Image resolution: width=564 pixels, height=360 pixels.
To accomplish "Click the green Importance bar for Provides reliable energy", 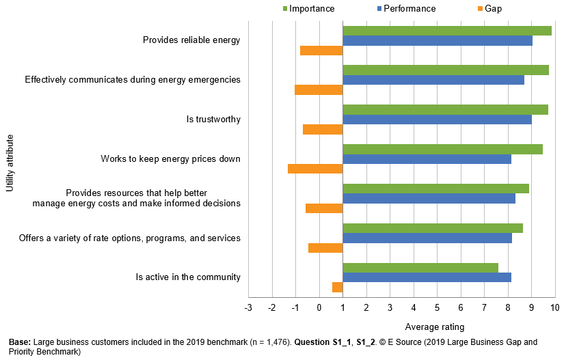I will tap(446, 31).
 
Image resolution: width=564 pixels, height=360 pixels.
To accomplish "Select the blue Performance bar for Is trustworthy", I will tap(437, 120).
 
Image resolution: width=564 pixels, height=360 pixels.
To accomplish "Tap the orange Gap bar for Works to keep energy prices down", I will tap(315, 169).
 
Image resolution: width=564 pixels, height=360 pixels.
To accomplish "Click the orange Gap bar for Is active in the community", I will tap(337, 287).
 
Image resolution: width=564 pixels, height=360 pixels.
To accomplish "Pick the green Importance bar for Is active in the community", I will tap(420, 268).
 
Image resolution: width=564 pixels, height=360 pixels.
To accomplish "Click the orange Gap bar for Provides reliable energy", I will tap(321, 50).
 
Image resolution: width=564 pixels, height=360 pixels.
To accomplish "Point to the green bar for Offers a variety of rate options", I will tap(432, 228).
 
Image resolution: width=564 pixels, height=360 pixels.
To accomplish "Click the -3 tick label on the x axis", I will tap(248, 308).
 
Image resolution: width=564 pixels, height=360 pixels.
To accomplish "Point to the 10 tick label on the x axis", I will tap(554, 308).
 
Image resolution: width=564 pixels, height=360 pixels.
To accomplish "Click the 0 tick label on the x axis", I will tap(319, 308).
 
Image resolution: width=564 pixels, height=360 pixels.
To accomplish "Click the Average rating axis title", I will tap(435, 327).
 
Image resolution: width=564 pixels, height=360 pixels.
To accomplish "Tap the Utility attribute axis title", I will tap(9, 163).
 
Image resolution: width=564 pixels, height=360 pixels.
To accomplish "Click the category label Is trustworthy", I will tap(213, 120).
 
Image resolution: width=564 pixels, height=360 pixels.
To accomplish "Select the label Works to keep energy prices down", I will tap(170, 159).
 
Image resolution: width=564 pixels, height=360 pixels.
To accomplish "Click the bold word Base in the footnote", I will tap(19, 342).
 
